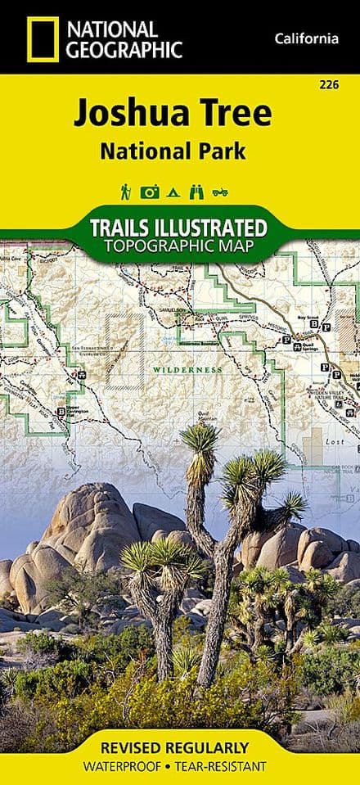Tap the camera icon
pyautogui.click(x=150, y=192)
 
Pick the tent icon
pyautogui.click(x=173, y=192)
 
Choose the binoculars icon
pyautogui.click(x=194, y=192)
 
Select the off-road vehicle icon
pyautogui.click(x=218, y=192)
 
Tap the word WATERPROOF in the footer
pyautogui.click(x=135, y=766)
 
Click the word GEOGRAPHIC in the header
pyautogui.click(x=124, y=49)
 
